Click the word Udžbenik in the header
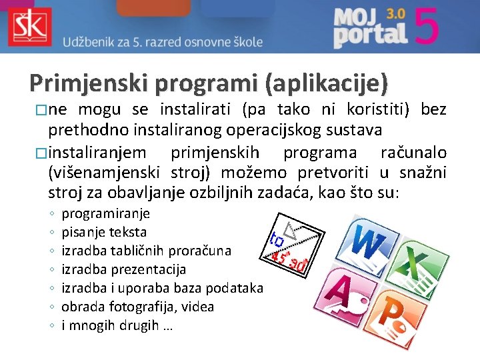[89, 42]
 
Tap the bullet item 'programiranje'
[105, 213]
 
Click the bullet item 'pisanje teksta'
[104, 232]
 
